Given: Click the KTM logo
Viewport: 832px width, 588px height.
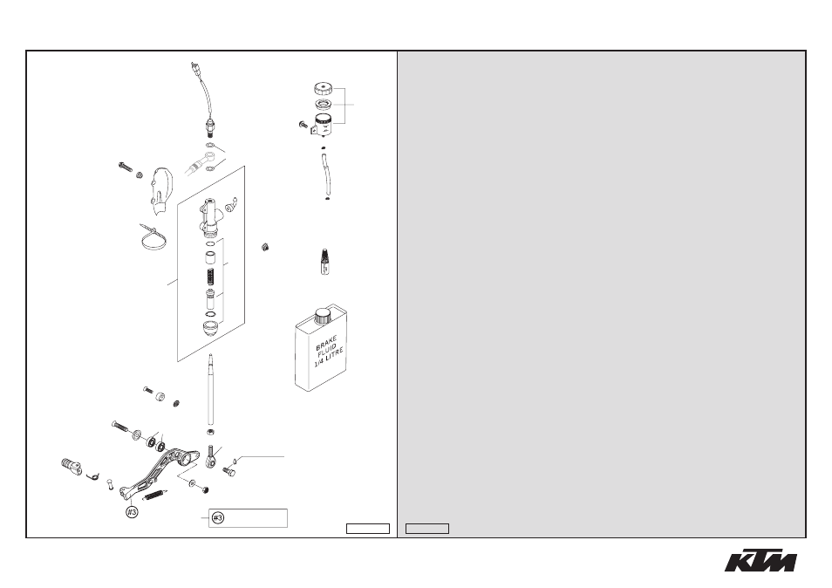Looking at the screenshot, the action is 760,560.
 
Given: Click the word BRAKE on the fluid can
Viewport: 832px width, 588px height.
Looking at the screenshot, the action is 326,344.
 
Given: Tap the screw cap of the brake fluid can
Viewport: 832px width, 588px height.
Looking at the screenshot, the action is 322,317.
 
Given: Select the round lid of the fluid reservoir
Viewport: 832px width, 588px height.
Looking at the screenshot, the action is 323,88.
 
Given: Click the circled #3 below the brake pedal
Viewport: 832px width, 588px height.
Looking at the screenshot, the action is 132,512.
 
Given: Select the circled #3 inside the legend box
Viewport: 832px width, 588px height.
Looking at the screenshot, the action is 218,518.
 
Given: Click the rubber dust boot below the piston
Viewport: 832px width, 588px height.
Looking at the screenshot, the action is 211,329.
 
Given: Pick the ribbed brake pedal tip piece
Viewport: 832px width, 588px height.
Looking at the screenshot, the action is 71,467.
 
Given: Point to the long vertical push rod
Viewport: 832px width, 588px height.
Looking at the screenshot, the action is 211,389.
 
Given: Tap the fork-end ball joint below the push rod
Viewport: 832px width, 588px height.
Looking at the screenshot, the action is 211,457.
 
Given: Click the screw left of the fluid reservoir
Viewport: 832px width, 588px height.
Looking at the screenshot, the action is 303,126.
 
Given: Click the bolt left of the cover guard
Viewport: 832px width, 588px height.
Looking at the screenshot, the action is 126,167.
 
